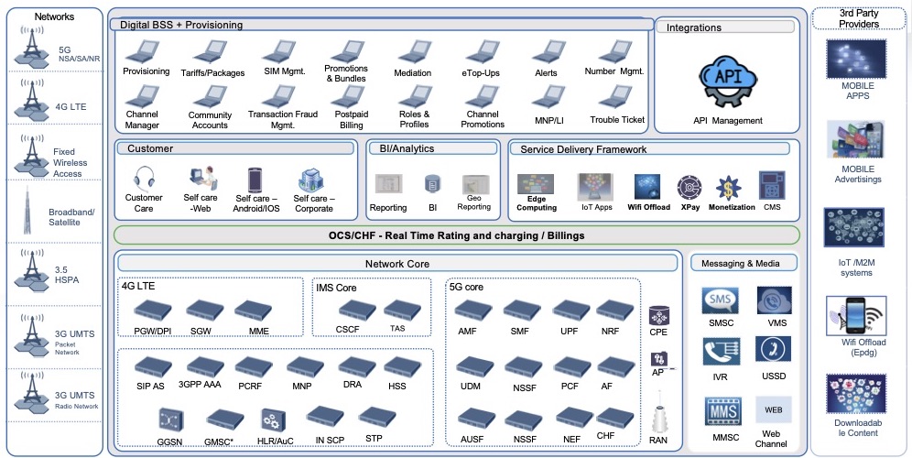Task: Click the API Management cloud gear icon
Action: pos(726,83)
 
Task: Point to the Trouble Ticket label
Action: pos(617,120)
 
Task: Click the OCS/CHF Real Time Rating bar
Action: pos(456,235)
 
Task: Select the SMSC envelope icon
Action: pos(720,300)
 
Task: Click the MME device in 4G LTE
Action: pos(252,310)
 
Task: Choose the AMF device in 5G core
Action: pos(467,311)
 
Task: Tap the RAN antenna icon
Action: pos(658,417)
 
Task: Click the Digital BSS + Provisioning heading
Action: pos(181,25)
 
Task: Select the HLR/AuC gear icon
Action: pos(272,420)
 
